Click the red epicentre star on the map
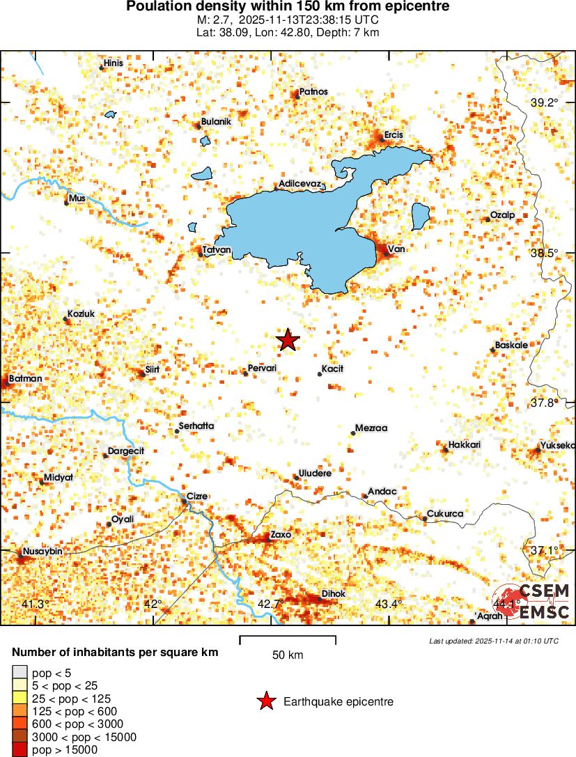point(288,340)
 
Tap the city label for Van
point(396,249)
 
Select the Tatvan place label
point(216,249)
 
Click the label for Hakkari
point(465,444)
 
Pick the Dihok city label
point(333,593)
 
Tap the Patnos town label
point(313,91)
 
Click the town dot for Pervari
point(245,373)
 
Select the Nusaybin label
point(43,551)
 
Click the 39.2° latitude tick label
point(545,102)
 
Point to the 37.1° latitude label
point(544,550)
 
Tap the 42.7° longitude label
point(270,604)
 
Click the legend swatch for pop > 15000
point(20,749)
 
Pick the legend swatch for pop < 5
point(20,673)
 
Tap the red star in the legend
point(265,702)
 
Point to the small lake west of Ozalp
point(420,217)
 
